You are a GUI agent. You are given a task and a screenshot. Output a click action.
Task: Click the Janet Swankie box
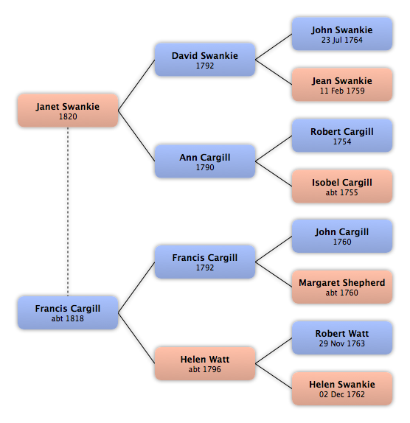(x=68, y=111)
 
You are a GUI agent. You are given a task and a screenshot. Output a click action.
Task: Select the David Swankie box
(x=205, y=60)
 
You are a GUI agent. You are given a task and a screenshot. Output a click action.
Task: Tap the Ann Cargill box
(x=205, y=161)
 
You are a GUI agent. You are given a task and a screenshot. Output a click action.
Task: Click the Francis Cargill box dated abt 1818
(x=68, y=312)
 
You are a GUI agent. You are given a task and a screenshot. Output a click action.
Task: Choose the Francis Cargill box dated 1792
(x=205, y=262)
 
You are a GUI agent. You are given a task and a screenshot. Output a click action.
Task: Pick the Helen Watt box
(x=205, y=363)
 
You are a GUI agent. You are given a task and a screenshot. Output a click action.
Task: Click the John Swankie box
(x=342, y=34)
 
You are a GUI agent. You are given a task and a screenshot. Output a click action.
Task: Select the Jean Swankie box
(x=342, y=85)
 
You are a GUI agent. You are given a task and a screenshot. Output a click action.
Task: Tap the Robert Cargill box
(x=342, y=136)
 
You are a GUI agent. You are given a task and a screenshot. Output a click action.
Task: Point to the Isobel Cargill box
(x=342, y=186)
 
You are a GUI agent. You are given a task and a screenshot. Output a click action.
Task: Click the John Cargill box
(x=342, y=237)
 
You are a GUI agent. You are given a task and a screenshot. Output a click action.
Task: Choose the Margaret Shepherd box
(x=342, y=287)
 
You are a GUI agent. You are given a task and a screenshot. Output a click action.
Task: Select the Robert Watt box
(x=342, y=338)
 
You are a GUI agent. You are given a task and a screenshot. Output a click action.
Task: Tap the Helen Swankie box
(x=342, y=388)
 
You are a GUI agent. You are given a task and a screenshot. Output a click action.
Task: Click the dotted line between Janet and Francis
(x=68, y=212)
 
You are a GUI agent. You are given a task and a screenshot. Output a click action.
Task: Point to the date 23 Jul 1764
(x=342, y=40)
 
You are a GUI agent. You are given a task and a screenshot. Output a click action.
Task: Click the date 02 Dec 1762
(x=342, y=394)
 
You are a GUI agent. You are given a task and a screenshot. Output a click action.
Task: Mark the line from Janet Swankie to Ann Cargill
(x=136, y=136)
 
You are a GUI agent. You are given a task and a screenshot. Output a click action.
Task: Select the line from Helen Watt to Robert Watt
(x=274, y=351)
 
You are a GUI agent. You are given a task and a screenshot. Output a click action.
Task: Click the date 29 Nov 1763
(x=342, y=343)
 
